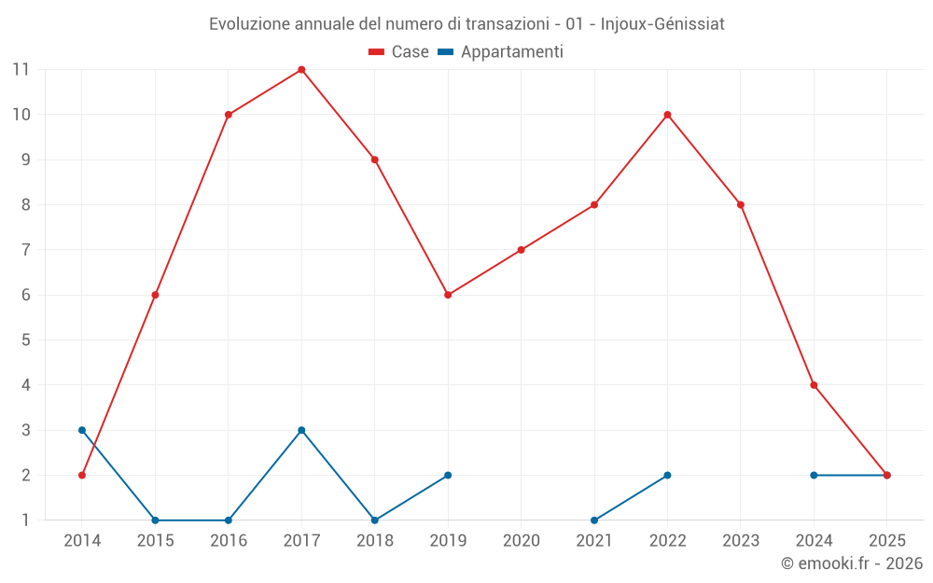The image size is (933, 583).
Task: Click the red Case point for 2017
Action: click(301, 70)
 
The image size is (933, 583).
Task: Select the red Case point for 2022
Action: click(667, 115)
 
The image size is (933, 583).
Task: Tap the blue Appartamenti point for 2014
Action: click(82, 430)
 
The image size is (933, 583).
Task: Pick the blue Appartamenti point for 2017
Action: click(301, 430)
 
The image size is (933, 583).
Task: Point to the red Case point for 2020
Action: click(521, 250)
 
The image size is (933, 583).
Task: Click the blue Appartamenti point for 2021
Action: click(594, 521)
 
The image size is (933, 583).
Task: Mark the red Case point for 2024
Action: click(814, 385)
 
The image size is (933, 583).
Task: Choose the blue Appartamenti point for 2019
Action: click(448, 475)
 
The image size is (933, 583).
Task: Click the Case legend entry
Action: click(398, 52)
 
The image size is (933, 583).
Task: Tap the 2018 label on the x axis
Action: click(374, 541)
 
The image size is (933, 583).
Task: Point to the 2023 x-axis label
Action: click(741, 541)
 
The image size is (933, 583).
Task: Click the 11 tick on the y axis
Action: click(21, 70)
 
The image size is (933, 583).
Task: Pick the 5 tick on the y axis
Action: click(25, 340)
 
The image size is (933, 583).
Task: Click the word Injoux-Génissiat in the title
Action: click(662, 24)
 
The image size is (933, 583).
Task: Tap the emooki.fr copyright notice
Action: click(851, 563)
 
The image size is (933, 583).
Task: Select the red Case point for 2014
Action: click(82, 475)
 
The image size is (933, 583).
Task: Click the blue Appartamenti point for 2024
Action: click(814, 475)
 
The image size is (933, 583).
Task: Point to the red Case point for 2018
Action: click(374, 160)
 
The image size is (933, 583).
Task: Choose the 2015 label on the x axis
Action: click(155, 541)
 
